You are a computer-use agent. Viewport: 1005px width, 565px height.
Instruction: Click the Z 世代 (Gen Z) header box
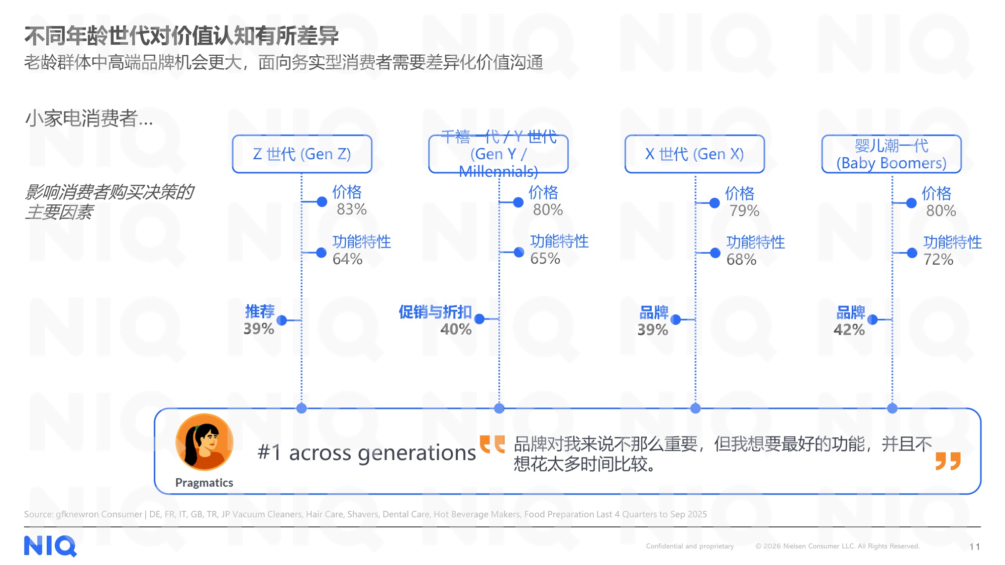(302, 154)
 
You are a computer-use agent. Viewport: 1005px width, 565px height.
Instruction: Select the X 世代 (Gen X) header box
(694, 154)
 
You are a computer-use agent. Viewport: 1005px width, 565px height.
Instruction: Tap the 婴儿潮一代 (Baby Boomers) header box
(891, 154)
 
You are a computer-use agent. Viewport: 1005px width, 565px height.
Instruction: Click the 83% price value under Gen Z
(352, 209)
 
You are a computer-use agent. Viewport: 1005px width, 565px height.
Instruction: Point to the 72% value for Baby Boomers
(938, 260)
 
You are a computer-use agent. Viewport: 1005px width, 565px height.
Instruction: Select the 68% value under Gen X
(741, 260)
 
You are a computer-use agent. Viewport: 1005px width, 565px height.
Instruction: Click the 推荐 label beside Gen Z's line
(260, 311)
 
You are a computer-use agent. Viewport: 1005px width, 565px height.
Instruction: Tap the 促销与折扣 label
(435, 312)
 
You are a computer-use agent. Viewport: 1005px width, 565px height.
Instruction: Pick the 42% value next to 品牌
(849, 330)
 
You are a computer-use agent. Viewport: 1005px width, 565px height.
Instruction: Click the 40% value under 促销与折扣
(456, 329)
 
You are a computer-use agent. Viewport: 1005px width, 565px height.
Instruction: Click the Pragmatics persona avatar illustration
(205, 442)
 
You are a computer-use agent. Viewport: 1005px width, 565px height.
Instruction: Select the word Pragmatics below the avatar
(204, 483)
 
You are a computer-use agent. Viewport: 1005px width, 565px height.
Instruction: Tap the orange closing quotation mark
(948, 461)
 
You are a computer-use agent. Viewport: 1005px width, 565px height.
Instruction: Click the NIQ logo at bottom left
(50, 546)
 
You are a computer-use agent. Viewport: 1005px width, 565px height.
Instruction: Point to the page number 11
(975, 546)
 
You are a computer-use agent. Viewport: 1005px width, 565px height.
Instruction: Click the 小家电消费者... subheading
(89, 119)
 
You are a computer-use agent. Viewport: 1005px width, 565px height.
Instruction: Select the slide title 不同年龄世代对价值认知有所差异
(181, 36)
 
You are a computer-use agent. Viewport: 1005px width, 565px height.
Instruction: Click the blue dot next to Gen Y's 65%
(519, 252)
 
